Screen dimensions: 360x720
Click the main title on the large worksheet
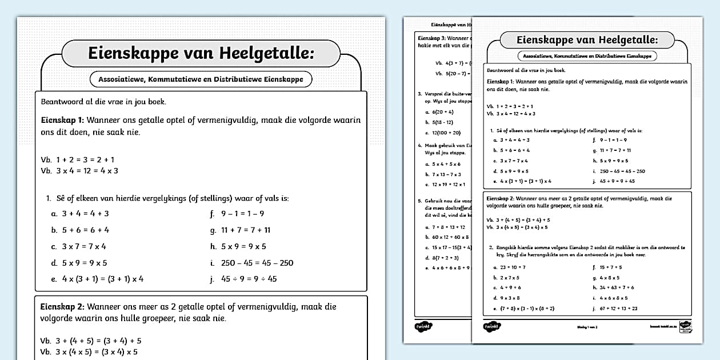click(201, 53)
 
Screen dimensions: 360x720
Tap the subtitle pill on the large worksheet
click(201, 79)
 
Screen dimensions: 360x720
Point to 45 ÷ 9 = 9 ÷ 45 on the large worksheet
click(249, 279)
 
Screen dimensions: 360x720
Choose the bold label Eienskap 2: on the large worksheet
click(62, 307)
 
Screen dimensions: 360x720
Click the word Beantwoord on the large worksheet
click(64, 102)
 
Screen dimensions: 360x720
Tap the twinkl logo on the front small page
click(491, 327)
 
